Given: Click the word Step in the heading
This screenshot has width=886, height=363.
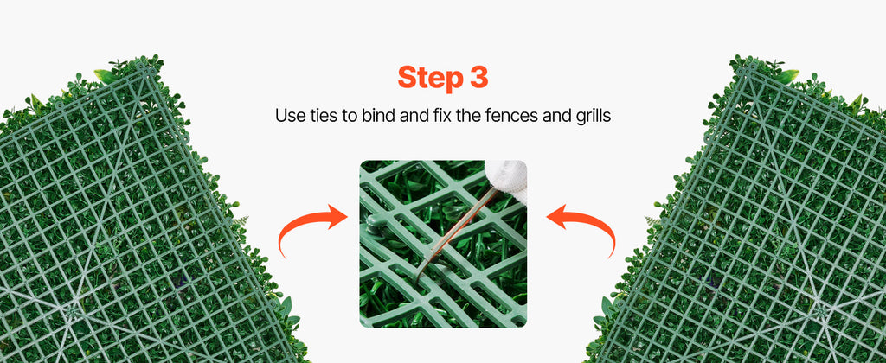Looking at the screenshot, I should [428, 78].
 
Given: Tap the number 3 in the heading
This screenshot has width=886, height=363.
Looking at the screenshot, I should [477, 77].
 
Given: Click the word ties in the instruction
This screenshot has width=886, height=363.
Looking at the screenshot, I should [325, 115].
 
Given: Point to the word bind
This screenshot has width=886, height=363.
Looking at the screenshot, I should [375, 115].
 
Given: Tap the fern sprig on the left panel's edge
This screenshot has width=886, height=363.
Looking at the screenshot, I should [241, 220].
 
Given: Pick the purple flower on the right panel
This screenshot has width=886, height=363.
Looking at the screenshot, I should [711, 281].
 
